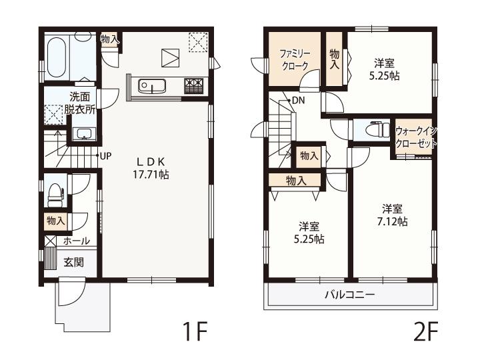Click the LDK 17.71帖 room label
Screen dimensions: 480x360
click(x=151, y=168)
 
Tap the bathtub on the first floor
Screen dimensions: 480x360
click(x=57, y=58)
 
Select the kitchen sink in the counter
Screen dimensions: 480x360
click(x=151, y=86)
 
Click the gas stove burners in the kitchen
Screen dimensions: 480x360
click(x=193, y=86)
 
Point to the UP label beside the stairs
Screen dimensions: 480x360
click(x=105, y=156)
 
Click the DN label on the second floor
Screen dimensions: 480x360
click(x=298, y=100)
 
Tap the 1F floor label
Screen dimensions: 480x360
click(x=195, y=331)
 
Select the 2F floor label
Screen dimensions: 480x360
click(x=426, y=331)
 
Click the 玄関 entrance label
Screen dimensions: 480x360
click(x=73, y=262)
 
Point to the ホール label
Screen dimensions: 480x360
click(x=77, y=241)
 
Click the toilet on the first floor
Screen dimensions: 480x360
click(x=55, y=195)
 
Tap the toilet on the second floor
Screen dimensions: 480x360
click(x=378, y=130)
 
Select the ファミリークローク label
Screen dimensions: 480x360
click(x=295, y=60)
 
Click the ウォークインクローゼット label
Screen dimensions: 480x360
click(x=416, y=137)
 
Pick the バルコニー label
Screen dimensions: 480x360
click(x=350, y=295)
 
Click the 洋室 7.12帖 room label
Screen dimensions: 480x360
click(x=392, y=215)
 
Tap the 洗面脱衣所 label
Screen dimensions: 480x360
click(x=79, y=103)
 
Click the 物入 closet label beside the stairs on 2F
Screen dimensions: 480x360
click(x=309, y=155)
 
